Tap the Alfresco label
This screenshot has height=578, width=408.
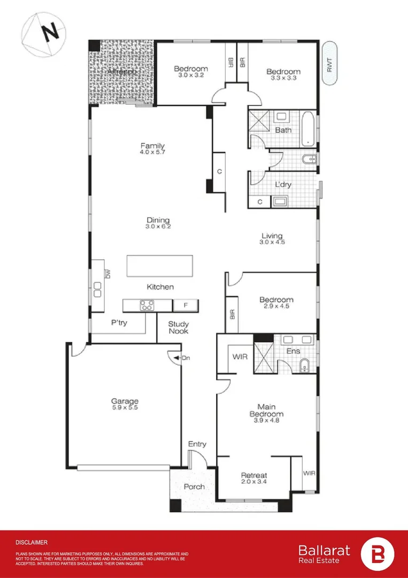click(x=121, y=71)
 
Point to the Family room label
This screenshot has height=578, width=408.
click(x=152, y=146)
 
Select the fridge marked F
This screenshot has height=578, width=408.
click(x=186, y=306)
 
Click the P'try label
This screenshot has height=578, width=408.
click(x=118, y=323)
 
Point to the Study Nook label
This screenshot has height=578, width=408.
click(x=178, y=328)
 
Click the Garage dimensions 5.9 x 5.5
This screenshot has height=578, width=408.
click(x=125, y=408)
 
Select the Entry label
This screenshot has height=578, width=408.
click(x=197, y=444)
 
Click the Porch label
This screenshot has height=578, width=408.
click(x=194, y=486)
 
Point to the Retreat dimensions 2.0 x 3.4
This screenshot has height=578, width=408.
click(x=253, y=482)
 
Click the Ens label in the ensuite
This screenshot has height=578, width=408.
click(x=293, y=351)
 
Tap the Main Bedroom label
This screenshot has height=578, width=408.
click(x=266, y=410)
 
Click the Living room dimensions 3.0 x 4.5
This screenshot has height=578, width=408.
click(x=272, y=242)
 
